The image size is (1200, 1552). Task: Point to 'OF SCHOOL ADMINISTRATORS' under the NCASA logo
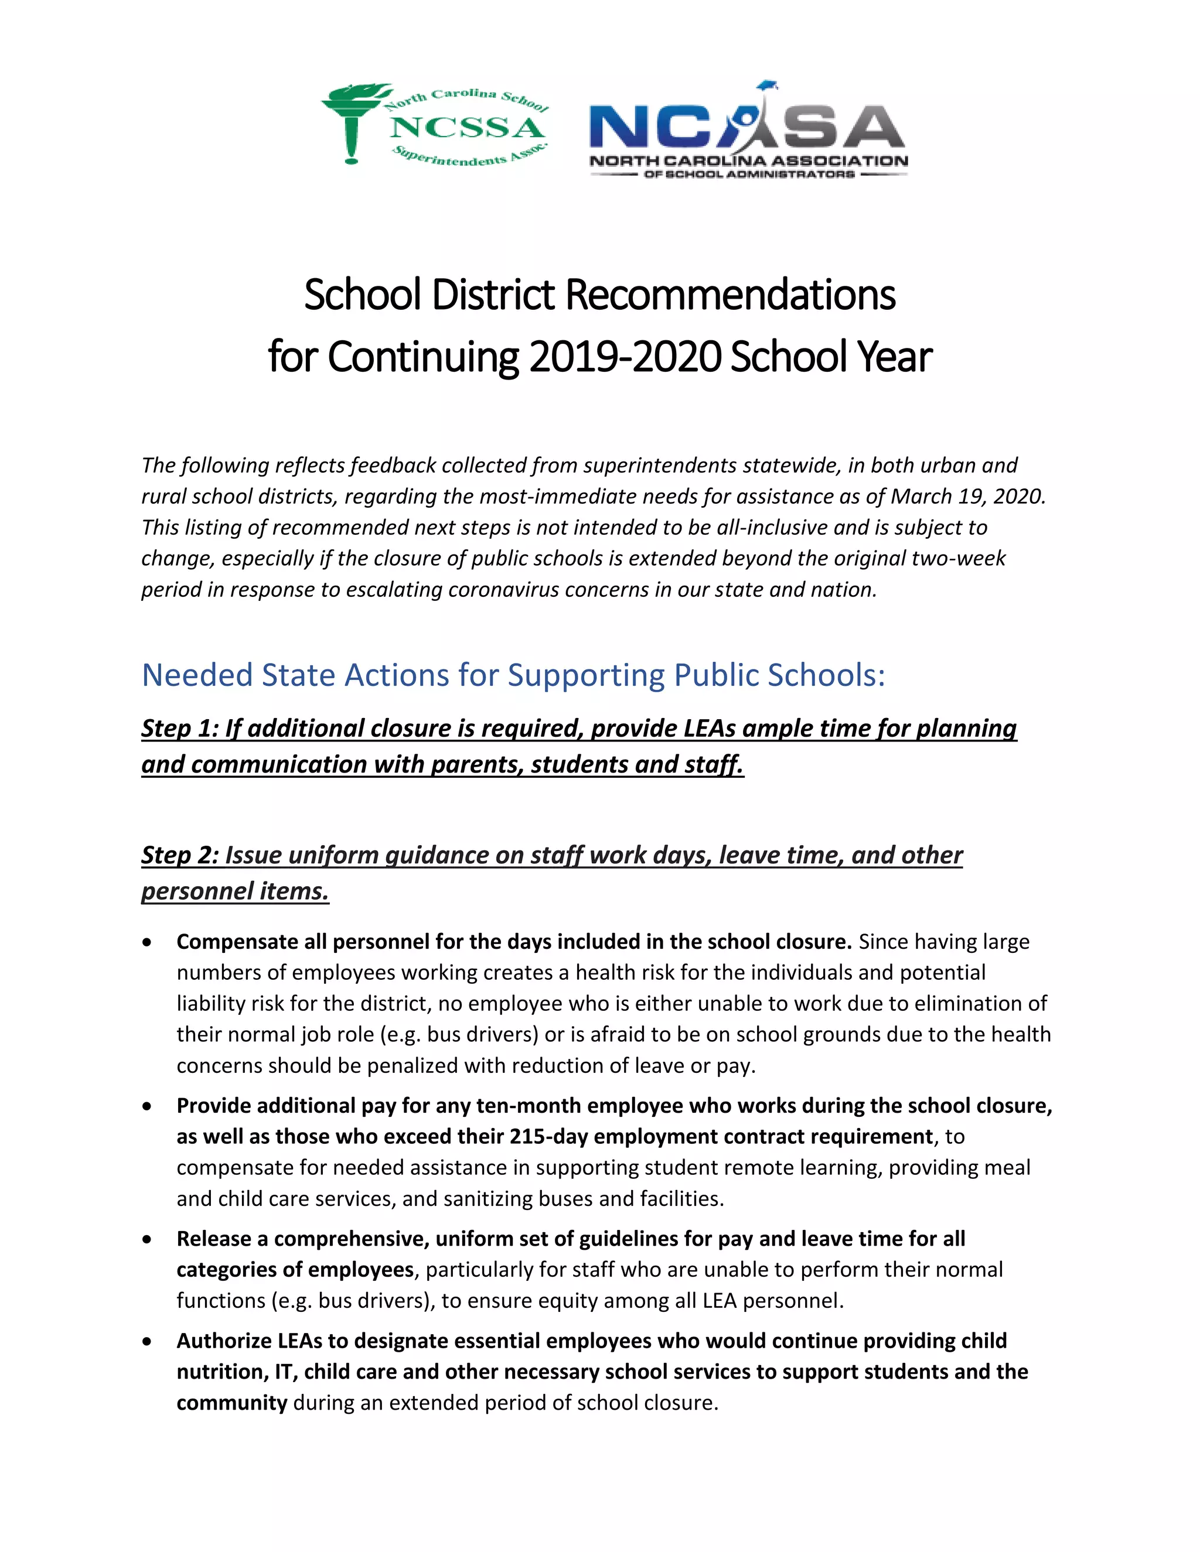[749, 174]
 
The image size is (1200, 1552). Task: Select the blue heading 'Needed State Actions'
[513, 675]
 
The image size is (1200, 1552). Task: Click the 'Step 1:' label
[179, 729]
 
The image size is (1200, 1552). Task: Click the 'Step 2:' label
[179, 855]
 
